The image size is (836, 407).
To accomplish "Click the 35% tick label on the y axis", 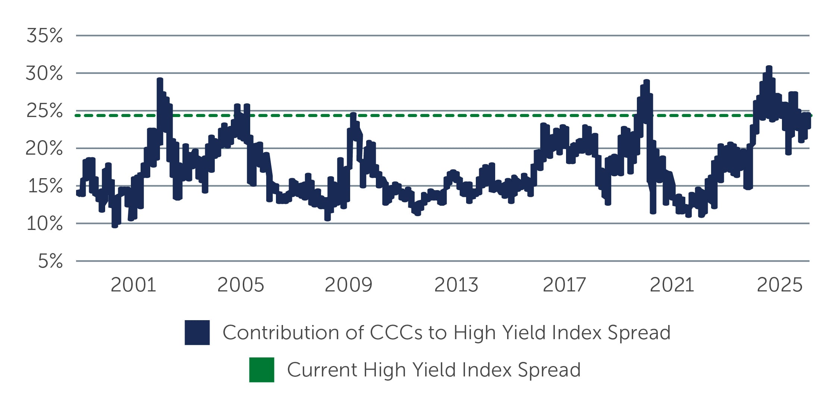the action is click(44, 36).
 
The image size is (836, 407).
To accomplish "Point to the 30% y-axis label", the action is click(44, 73).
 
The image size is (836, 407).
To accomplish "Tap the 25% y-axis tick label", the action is click(44, 111).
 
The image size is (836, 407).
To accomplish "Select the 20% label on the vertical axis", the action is click(44, 149).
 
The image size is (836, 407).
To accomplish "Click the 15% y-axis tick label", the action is click(45, 186).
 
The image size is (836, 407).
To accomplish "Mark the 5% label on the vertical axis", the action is click(50, 261).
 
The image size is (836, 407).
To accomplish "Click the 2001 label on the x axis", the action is click(133, 285).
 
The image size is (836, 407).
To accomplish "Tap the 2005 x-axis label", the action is click(241, 285).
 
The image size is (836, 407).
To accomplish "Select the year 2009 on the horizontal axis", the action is click(348, 285).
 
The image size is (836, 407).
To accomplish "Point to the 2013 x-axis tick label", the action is click(456, 285).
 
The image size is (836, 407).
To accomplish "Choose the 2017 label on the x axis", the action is click(564, 285).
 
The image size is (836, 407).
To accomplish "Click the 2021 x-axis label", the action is click(672, 285).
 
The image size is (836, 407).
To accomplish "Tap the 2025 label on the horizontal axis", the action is click(779, 285).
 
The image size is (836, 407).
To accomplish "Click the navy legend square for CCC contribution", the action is click(197, 332).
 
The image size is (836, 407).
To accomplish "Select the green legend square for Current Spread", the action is click(262, 370).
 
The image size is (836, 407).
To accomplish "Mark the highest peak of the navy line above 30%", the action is click(769, 67).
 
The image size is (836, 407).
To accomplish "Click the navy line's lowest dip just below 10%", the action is click(115, 225).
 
